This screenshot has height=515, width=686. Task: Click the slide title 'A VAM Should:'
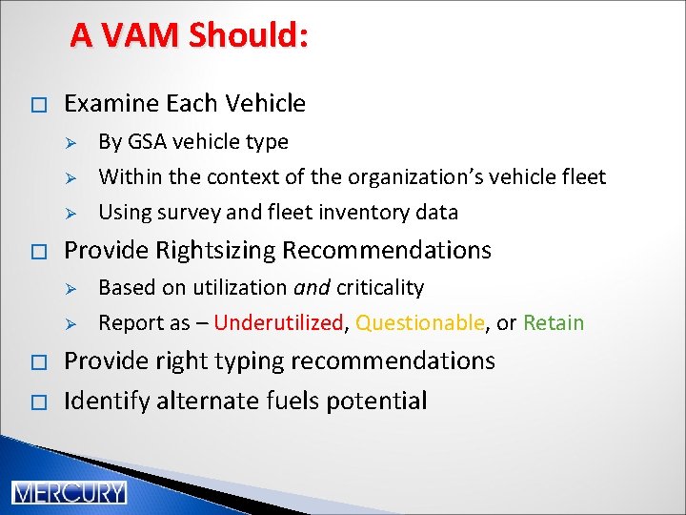[x=189, y=35]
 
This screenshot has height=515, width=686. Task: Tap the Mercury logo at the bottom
[x=69, y=492]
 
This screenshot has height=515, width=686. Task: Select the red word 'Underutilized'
[x=277, y=323]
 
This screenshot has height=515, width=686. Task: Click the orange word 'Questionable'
[x=419, y=323]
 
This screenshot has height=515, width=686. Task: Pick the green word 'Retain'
[x=554, y=323]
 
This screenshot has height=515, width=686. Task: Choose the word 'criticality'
[x=379, y=288]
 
